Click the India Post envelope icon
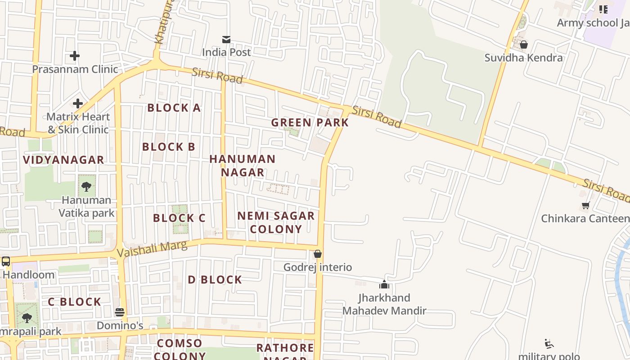point(226,40)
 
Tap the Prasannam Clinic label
point(75,69)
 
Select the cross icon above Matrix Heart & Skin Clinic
point(78,103)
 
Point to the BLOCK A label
point(174,108)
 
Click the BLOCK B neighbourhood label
point(168,147)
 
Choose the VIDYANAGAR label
point(63,160)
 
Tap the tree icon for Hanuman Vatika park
point(86,186)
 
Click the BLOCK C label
point(179,218)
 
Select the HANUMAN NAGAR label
point(242,166)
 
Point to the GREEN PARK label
point(310,123)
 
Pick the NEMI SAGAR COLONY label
point(276,222)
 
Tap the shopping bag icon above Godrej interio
point(318,254)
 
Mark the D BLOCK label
point(215,280)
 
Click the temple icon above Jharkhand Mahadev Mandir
point(384,284)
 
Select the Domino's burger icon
point(120,312)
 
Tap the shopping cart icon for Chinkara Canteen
point(585,206)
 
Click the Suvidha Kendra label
point(523,58)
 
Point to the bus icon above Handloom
point(6,261)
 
